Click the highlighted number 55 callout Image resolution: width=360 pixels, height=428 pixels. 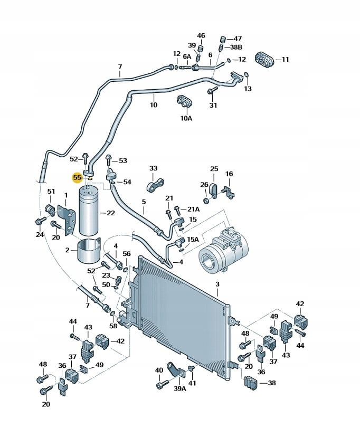(77, 178)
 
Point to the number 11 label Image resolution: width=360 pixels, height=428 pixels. (285, 60)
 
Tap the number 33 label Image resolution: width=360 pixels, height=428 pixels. (153, 169)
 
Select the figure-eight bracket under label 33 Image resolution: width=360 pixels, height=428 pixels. (156, 184)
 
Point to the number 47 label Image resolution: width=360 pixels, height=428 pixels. (238, 39)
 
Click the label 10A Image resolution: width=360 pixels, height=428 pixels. (186, 118)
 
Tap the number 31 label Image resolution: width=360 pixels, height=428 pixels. (213, 106)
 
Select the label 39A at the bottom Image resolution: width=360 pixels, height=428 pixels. (180, 389)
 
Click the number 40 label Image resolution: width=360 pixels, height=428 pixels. (159, 370)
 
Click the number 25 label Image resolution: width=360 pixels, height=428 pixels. (214, 169)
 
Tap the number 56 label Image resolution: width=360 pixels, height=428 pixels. (127, 254)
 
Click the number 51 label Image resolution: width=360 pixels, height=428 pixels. (51, 192)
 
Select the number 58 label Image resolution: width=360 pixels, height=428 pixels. (113, 327)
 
